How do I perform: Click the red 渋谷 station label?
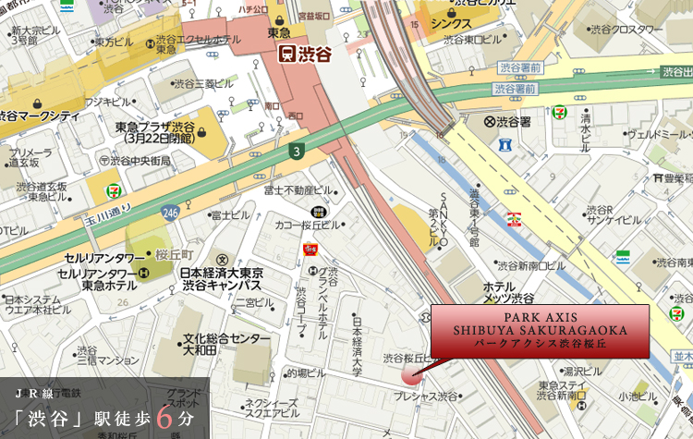tap(306, 54)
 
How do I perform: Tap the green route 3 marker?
tap(296, 151)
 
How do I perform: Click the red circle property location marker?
tap(410, 374)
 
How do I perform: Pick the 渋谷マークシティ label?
tap(39, 116)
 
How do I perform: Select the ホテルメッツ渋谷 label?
tap(508, 291)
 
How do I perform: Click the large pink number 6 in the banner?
tap(164, 416)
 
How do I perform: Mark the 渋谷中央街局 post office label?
tap(140, 159)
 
